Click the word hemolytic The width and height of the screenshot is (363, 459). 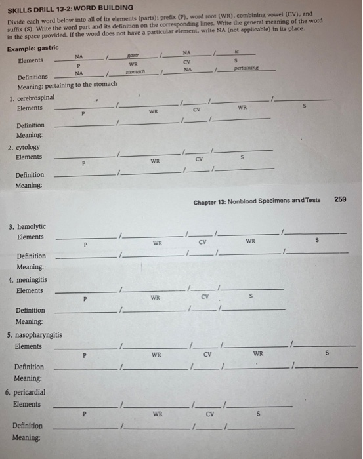click(x=32, y=226)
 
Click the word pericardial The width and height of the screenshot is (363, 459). click(x=33, y=391)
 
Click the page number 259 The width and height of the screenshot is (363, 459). click(x=340, y=199)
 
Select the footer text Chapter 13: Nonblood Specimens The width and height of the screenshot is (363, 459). click(x=257, y=200)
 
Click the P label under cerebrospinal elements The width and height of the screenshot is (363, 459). click(x=83, y=113)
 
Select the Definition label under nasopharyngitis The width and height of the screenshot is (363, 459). click(x=30, y=367)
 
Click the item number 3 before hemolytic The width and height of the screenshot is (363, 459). click(x=11, y=226)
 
